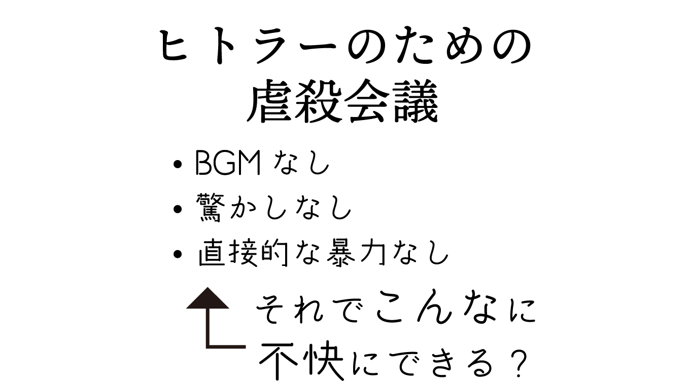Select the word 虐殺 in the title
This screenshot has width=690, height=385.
(x=294, y=104)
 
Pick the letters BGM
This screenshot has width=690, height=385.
(x=228, y=164)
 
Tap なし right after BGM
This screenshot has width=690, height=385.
(x=302, y=164)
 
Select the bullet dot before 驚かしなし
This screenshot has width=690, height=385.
(x=177, y=209)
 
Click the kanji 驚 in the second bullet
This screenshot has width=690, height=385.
(x=209, y=208)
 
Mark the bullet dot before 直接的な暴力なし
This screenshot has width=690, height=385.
(x=177, y=254)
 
